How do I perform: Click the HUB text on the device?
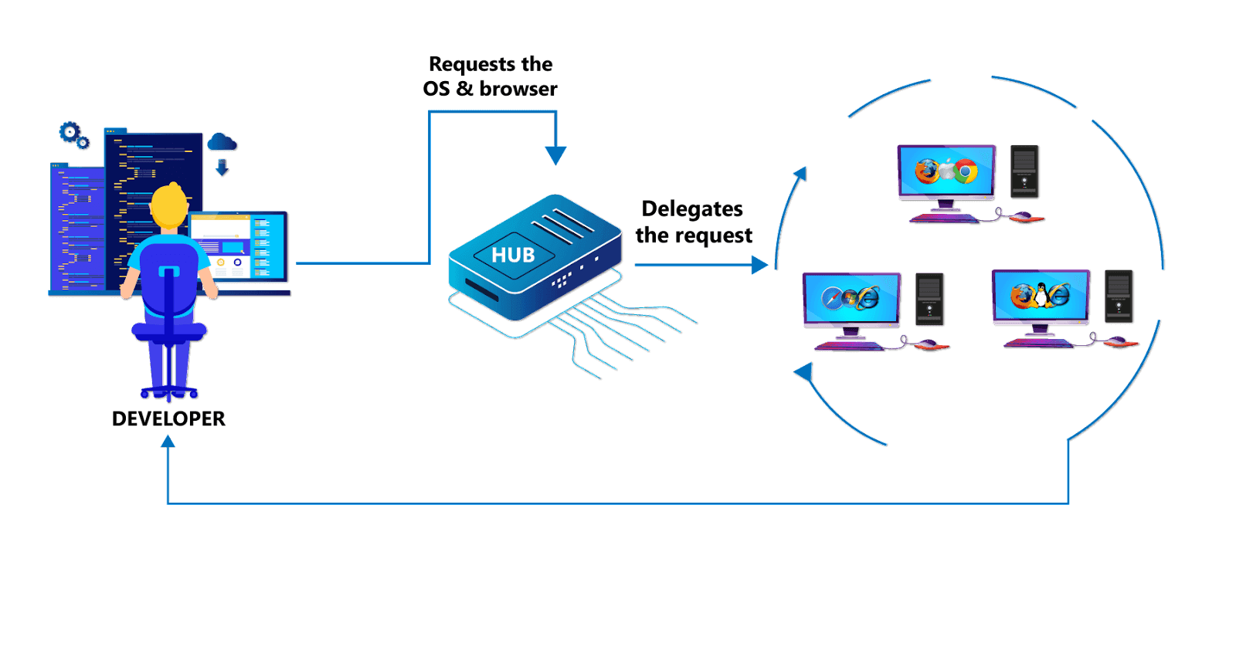(x=513, y=255)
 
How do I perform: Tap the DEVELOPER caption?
(x=168, y=418)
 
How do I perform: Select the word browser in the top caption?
(x=518, y=89)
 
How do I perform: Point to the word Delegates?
(x=692, y=209)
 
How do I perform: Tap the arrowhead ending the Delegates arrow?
(x=760, y=266)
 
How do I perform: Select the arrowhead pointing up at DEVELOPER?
(x=168, y=442)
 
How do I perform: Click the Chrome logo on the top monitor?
(x=965, y=171)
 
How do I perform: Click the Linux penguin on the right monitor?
(x=1041, y=295)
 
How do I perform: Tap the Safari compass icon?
(x=833, y=298)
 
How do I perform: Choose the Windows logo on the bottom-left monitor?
(x=851, y=297)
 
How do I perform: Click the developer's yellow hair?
(x=168, y=205)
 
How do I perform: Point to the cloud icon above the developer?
(x=222, y=142)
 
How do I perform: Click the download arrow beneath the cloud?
(x=222, y=168)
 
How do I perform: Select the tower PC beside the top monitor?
(x=1024, y=171)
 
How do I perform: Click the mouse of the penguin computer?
(x=1116, y=341)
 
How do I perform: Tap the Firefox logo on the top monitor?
(x=927, y=171)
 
